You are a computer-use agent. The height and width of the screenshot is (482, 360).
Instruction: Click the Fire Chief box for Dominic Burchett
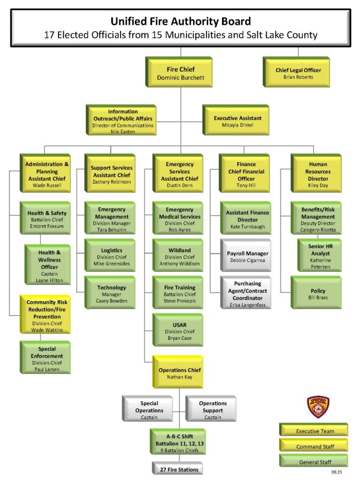click(x=180, y=74)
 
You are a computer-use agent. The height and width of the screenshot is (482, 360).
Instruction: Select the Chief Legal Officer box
click(x=298, y=74)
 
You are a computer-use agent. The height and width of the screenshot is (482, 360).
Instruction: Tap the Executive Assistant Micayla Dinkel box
click(x=238, y=122)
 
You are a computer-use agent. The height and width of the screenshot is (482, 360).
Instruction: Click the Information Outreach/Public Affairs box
click(x=123, y=122)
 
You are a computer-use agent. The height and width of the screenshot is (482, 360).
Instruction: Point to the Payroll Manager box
click(x=247, y=257)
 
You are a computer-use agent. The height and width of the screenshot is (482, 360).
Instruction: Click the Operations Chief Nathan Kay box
click(x=180, y=373)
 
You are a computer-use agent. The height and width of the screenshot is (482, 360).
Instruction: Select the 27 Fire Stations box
click(x=179, y=469)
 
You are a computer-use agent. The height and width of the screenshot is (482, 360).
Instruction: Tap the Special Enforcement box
click(x=46, y=359)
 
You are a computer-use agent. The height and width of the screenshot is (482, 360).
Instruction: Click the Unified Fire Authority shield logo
click(x=318, y=407)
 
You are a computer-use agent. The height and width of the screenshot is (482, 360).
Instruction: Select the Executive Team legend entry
click(x=315, y=431)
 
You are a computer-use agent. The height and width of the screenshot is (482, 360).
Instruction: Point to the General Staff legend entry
click(x=315, y=462)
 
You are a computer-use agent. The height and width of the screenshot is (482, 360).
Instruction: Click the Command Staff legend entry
click(x=315, y=446)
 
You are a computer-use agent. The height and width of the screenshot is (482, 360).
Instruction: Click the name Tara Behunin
click(x=111, y=230)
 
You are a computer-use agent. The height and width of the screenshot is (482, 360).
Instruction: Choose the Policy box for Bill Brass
click(x=318, y=294)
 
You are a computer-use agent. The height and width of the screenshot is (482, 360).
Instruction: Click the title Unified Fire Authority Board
click(x=180, y=21)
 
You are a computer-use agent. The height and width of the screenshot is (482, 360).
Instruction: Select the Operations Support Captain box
click(x=212, y=410)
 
